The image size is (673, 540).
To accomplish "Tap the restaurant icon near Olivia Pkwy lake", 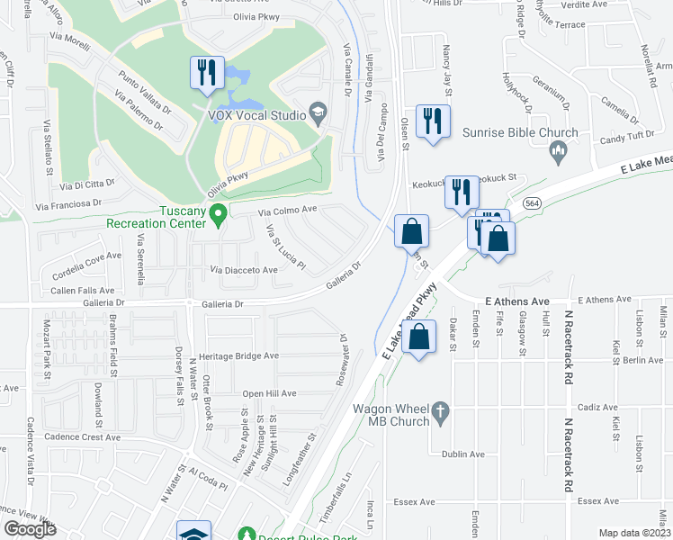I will pos(207,73).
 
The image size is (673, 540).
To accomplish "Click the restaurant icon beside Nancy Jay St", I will pos(433,121).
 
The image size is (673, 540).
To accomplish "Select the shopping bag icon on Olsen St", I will pos(411,230).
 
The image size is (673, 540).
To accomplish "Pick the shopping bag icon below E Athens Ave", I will pos(420,339).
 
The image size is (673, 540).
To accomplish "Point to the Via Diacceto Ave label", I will pos(244,269).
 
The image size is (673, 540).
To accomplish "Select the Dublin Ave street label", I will pos(462,454).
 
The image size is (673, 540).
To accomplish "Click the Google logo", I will pos(30,528).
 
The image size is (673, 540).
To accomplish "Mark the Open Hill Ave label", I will pos(268,393).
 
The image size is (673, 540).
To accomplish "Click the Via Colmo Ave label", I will pos(288,211).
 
